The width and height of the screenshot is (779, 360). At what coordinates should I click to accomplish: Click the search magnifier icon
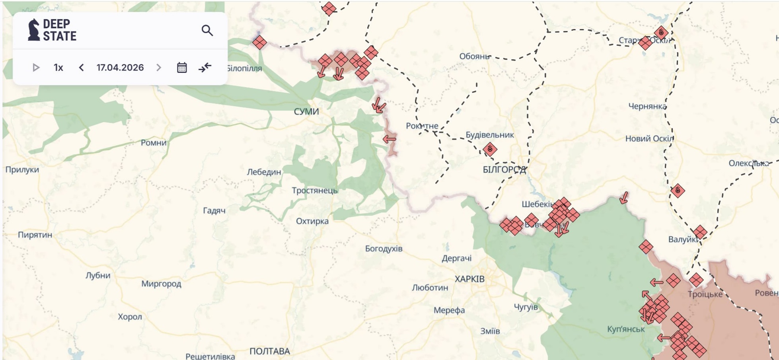point(207,31)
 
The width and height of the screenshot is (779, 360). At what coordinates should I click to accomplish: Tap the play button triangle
point(36,68)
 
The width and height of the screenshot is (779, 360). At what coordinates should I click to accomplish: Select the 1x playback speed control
point(58,68)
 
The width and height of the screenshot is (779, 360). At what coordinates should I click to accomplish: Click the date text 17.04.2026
point(120,68)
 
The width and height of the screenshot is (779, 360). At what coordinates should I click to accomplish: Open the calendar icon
point(182,68)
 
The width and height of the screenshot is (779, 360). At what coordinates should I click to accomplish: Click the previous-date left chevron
point(82,68)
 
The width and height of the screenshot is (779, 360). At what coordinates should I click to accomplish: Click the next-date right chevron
point(159,68)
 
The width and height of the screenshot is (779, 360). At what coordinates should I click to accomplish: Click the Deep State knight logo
point(34,30)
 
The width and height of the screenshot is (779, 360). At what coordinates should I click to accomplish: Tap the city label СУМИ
point(306,112)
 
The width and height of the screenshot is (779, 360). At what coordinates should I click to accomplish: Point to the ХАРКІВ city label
point(469,279)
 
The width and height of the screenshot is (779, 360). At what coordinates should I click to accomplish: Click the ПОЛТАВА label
point(270,352)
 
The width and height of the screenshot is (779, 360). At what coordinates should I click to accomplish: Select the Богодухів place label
point(384,249)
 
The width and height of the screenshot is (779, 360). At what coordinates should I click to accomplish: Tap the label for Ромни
point(154,143)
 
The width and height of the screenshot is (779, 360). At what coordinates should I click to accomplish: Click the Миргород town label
point(161,284)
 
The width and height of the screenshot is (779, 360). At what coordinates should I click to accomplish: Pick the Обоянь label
point(474,56)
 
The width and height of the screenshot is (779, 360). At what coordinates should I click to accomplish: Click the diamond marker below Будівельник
point(490,150)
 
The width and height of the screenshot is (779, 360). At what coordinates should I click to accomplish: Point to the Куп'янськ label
point(626,329)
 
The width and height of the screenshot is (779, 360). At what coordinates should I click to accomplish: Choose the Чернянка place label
point(647,107)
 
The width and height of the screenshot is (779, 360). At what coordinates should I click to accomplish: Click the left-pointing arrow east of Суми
point(389,139)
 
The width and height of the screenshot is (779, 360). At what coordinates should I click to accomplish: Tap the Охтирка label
point(312,221)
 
